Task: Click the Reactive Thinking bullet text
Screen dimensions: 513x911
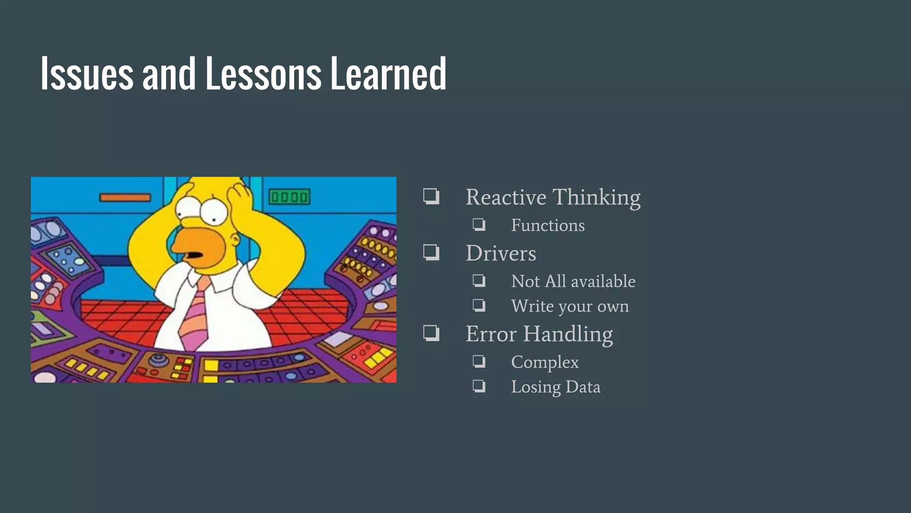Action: point(553,197)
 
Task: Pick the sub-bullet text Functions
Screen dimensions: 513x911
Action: point(548,225)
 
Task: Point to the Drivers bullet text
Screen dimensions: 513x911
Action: point(501,253)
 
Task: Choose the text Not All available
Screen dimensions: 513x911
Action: point(573,281)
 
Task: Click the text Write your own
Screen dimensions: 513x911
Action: point(570,306)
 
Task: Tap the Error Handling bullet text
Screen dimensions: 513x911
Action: point(539,334)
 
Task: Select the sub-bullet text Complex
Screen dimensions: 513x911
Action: point(545,362)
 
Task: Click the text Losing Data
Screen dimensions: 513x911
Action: point(556,387)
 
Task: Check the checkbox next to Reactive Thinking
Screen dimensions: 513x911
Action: point(431,196)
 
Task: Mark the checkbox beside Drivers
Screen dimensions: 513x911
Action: point(431,252)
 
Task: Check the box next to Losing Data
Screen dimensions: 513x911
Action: point(479,386)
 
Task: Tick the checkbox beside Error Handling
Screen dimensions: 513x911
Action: point(431,333)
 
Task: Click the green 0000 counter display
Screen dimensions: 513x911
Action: point(290,197)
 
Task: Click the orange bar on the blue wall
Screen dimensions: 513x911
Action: point(125,197)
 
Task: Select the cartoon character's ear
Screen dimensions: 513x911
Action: point(234,240)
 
